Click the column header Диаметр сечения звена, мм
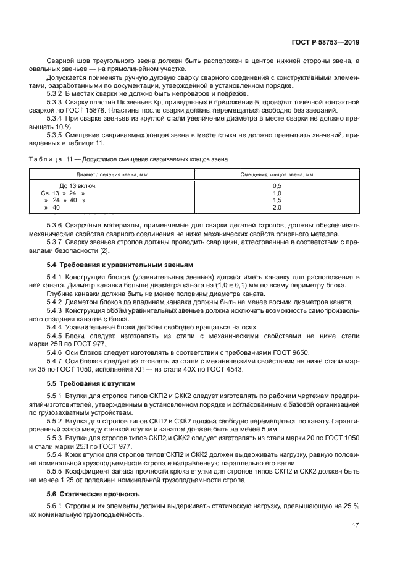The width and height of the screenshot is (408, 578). (111, 175)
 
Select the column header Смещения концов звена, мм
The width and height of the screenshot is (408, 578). (277, 175)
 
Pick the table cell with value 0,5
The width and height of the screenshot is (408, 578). (277, 185)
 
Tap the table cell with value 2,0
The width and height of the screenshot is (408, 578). (277, 208)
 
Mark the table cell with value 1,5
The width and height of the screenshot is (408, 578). (277, 200)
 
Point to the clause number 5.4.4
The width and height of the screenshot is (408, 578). (57, 327)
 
